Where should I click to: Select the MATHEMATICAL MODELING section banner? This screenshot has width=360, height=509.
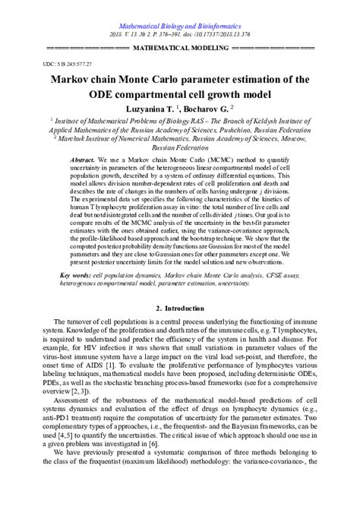tap(179, 47)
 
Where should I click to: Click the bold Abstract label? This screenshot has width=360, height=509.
tap(81, 162)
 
